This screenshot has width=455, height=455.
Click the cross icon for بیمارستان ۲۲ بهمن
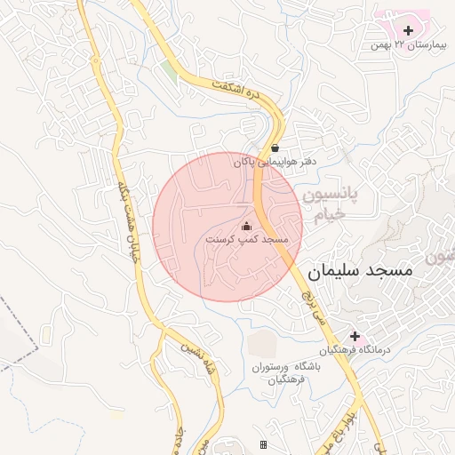pos(408,31)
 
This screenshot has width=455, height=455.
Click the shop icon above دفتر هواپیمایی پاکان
pos(275,148)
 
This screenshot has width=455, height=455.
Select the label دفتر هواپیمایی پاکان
pos(275,163)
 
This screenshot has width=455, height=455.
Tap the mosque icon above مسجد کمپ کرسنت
pos(247,226)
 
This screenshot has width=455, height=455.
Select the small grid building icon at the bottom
pos(263,444)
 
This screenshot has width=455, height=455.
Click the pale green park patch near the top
pos(169,69)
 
